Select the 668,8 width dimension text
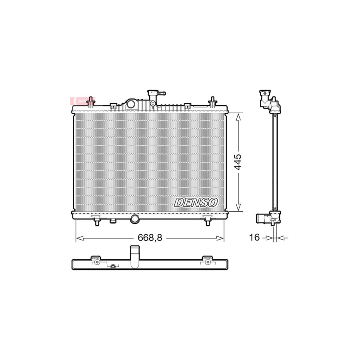tap(150, 238)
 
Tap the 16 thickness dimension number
tap(254, 238)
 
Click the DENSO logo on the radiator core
tap(196, 202)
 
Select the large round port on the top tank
tap(131, 104)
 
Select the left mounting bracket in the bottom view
tap(96, 260)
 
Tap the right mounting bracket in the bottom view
tap(207, 260)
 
